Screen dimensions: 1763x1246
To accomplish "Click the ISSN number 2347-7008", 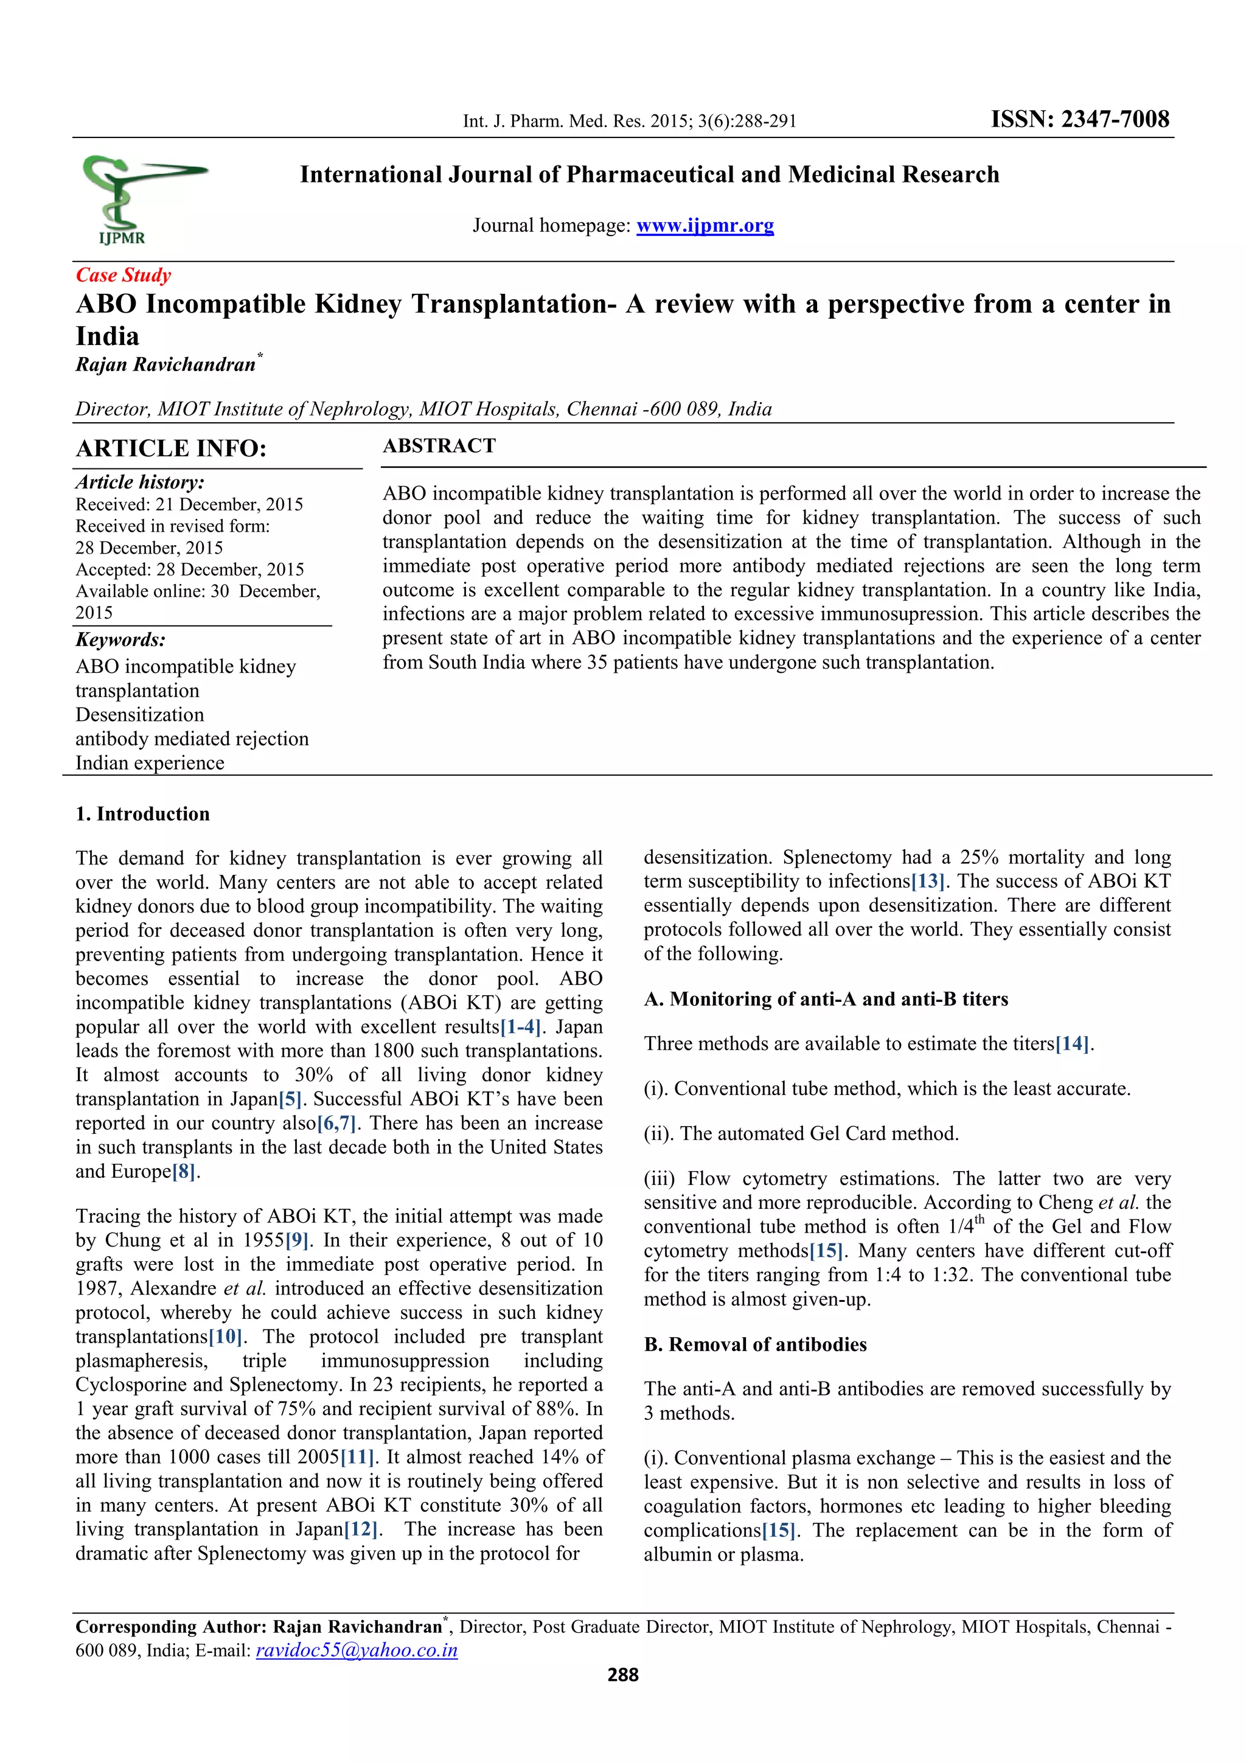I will [1079, 119].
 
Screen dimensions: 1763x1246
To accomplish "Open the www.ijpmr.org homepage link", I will [704, 225].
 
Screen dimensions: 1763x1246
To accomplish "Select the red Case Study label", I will [123, 275].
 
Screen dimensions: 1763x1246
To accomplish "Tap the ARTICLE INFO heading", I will [170, 448].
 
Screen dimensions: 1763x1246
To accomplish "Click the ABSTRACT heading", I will [439, 446].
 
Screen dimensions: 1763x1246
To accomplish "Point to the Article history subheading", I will [140, 482].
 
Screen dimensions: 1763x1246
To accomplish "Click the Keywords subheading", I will [120, 639].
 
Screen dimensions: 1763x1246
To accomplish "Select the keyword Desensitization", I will [140, 715].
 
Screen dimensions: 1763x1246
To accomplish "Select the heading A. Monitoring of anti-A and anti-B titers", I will [826, 999].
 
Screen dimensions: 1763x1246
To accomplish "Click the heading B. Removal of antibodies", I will [754, 1344].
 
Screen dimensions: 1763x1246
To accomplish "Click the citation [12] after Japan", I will [361, 1529].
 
